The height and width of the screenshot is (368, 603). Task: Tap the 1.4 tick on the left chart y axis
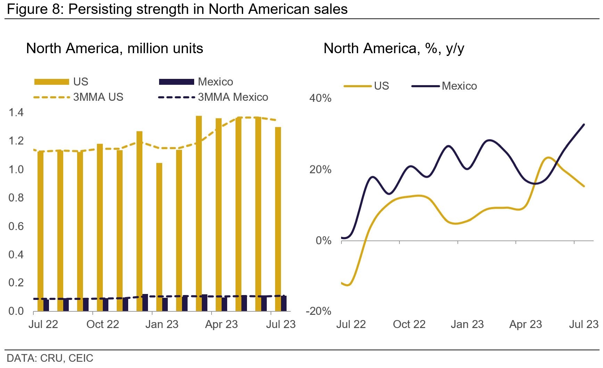16,113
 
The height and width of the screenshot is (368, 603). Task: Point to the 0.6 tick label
16,226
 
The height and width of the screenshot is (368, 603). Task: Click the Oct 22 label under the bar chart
102,324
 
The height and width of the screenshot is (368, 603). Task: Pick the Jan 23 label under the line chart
467,324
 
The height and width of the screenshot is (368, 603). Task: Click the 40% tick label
320,98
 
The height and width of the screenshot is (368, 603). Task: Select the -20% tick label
319,311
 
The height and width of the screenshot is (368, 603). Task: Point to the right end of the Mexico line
584,124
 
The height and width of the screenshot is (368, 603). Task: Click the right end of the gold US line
584,186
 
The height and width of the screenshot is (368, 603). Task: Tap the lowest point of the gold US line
348,285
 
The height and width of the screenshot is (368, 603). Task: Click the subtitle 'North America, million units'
115,48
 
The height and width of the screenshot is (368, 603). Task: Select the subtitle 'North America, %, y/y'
394,48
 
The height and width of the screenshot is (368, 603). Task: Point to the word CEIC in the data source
81,358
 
